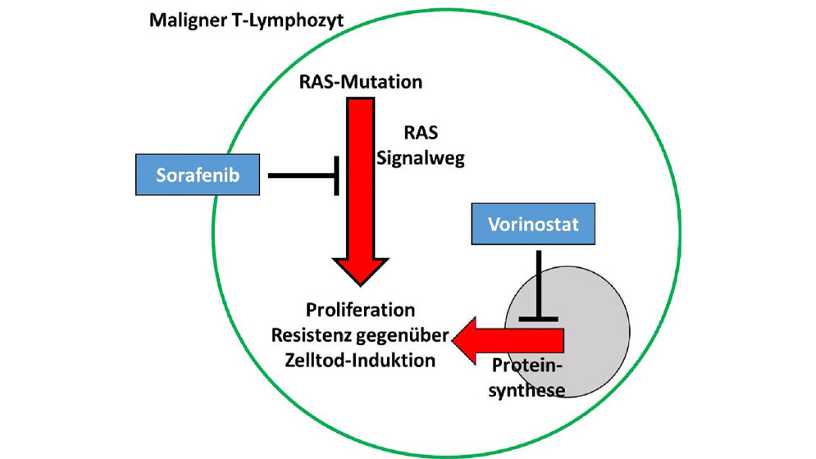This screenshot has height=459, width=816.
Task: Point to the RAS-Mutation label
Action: (362, 82)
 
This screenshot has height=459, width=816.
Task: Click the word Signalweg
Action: (421, 158)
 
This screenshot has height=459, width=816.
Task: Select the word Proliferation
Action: (360, 311)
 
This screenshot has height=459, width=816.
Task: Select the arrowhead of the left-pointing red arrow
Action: (472, 340)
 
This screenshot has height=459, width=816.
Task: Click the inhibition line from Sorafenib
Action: (299, 175)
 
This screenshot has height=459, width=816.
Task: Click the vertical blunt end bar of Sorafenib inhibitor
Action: (337, 175)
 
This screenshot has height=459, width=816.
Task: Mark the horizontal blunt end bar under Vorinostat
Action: (539, 318)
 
